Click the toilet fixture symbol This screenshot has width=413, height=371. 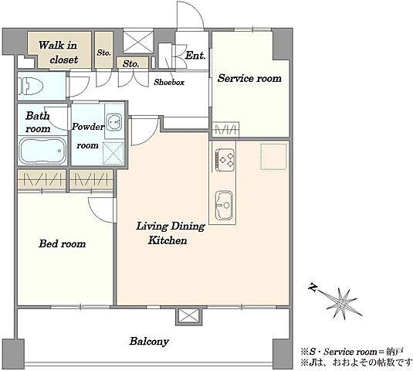(x=30, y=86)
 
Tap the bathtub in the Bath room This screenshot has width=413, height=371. (x=42, y=151)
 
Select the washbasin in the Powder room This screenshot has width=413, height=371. (x=114, y=122)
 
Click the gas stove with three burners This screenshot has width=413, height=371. (x=225, y=159)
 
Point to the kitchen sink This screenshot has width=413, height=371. (x=225, y=205)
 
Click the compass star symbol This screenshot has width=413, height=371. (x=342, y=303)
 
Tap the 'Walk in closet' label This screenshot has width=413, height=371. (x=58, y=53)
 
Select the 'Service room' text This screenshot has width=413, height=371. (x=249, y=78)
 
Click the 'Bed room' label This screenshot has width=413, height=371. (x=63, y=243)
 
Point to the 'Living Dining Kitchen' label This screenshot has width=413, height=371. (x=170, y=233)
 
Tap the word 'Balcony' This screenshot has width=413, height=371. (x=149, y=342)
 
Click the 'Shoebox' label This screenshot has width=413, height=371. (x=169, y=82)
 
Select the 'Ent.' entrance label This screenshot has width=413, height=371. (x=195, y=56)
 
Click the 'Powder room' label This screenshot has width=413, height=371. (x=88, y=136)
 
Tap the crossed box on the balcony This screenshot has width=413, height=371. (x=188, y=316)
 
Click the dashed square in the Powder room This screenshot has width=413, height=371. (x=113, y=154)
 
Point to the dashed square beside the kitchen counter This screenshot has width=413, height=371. (x=274, y=157)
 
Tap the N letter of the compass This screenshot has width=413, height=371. (x=313, y=287)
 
